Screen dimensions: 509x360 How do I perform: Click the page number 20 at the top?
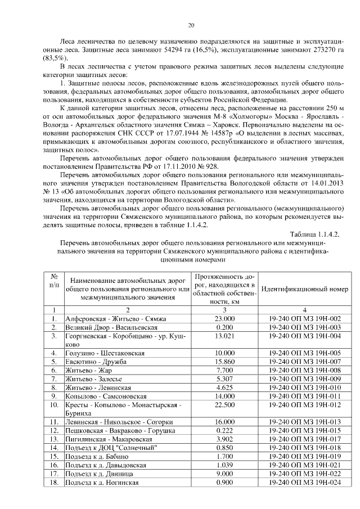[x=191, y=25]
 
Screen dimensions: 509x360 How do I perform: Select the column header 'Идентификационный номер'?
[x=304, y=289]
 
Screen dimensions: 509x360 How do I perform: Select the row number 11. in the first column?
[x=55, y=422]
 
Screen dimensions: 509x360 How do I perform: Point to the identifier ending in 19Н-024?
[x=304, y=482]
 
